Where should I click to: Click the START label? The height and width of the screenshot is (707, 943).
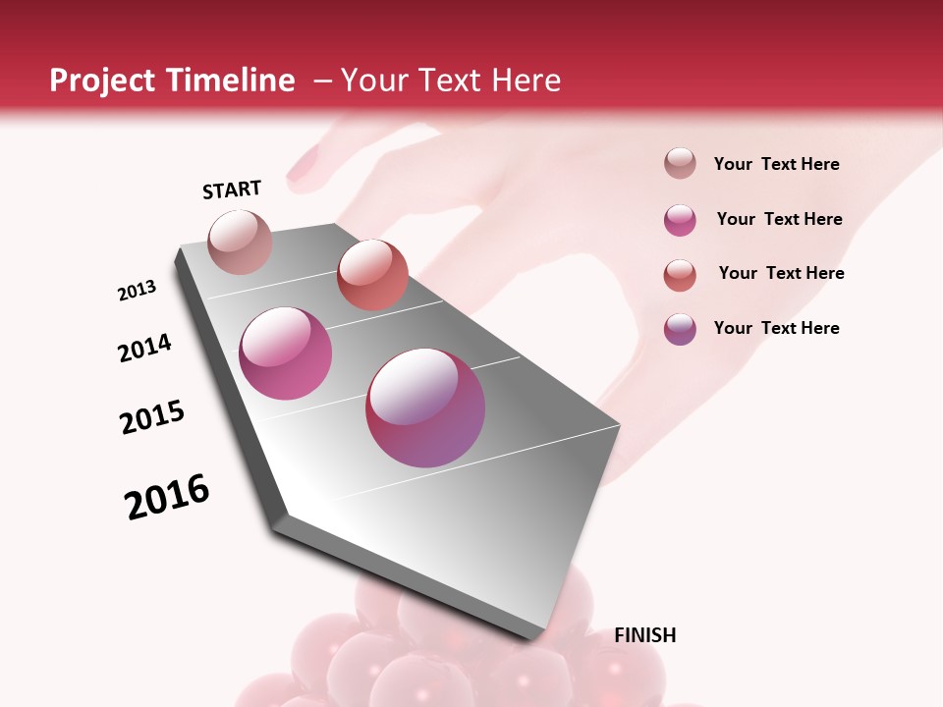pos(232,190)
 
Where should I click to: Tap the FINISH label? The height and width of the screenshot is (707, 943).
pos(644,635)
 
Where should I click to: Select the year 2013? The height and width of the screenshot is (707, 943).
pos(138,291)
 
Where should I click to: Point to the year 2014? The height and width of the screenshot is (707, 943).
pos(144,348)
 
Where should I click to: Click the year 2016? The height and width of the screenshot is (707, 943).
pos(167,497)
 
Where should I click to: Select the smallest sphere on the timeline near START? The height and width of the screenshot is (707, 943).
pos(241,242)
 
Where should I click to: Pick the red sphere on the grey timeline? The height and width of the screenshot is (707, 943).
pos(372,274)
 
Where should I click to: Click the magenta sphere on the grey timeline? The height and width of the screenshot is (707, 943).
pos(286,353)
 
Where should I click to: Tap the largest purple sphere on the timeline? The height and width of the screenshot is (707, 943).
pos(425,408)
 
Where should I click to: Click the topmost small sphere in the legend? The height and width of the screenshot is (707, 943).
pos(680,164)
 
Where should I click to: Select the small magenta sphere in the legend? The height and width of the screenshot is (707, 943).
pos(680,220)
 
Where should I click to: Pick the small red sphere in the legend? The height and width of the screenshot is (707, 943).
pos(680,275)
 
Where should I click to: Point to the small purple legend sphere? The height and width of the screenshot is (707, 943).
pos(680,329)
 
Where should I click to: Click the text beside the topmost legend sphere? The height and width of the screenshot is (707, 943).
pos(776,165)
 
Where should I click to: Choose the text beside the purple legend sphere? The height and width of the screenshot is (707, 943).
pos(776,328)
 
